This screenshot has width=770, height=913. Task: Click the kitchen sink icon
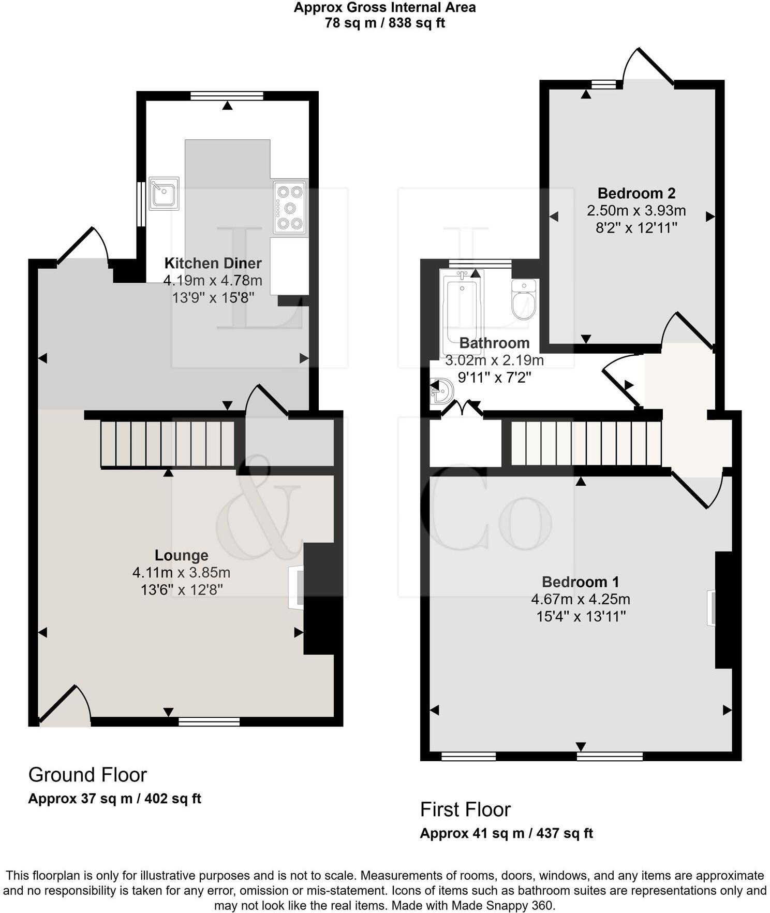tap(164, 193)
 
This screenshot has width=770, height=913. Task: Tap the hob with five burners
tap(290, 208)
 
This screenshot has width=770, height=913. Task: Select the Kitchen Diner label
tap(213, 263)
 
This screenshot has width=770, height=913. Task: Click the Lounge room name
tap(182, 556)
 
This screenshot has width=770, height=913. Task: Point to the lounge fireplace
tap(297, 588)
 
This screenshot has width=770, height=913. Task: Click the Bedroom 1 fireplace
tap(712, 607)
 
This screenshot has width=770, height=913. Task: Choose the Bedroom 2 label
tap(636, 194)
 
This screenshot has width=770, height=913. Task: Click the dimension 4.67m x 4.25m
tap(580, 600)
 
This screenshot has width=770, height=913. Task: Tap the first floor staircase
tap(586, 443)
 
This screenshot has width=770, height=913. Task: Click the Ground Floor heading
tap(87, 775)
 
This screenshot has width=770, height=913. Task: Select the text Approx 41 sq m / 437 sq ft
tap(506, 833)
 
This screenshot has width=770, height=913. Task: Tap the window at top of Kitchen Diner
tap(227, 96)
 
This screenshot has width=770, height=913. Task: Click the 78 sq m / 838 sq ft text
tap(384, 23)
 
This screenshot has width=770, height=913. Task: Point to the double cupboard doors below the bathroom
tap(462, 409)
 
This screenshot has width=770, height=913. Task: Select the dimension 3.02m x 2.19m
tap(494, 360)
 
